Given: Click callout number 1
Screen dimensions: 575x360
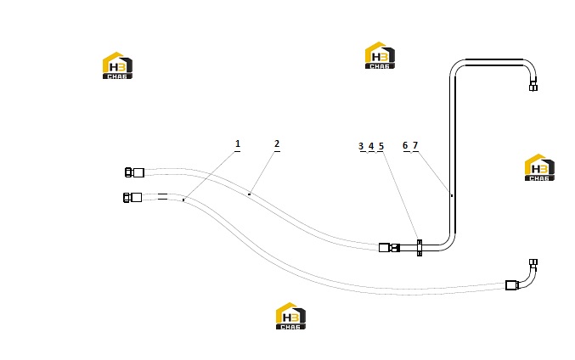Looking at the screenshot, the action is (x=238, y=143).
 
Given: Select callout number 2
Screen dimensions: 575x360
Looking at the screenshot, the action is (x=277, y=143).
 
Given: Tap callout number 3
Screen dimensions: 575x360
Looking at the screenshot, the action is (x=361, y=146).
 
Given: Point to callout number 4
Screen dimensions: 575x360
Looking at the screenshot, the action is (x=371, y=146).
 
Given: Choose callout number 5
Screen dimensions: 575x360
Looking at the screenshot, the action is (x=381, y=146).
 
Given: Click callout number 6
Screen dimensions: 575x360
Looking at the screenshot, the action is (x=405, y=145).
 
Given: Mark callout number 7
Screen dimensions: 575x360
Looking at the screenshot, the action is (x=415, y=145).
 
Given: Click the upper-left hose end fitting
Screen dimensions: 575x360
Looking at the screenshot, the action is (x=134, y=172).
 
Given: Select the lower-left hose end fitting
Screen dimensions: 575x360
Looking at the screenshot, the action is (x=132, y=198).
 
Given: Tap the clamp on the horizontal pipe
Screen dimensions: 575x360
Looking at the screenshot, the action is (x=420, y=248).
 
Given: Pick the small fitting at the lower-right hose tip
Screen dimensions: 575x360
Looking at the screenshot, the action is (x=533, y=262).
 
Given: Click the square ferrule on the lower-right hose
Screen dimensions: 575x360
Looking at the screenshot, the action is (x=511, y=285).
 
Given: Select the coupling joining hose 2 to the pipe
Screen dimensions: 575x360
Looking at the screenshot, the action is (x=389, y=248).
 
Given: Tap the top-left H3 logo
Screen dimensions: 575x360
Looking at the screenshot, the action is (x=117, y=65).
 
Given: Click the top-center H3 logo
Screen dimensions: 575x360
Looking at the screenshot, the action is (x=380, y=55).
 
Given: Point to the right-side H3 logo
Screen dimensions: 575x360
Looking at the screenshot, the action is (x=539, y=167).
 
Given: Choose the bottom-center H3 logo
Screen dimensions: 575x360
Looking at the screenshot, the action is (x=290, y=316).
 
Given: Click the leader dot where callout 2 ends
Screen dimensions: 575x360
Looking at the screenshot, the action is (x=250, y=194).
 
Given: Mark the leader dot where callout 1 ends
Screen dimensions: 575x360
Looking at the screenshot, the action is (x=183, y=200).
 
